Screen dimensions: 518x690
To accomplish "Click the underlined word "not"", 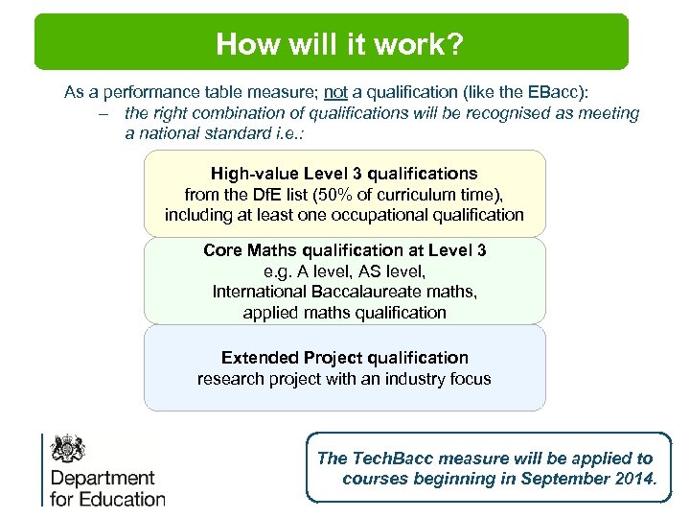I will [x=335, y=93].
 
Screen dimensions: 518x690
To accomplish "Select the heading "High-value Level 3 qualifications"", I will [x=344, y=174].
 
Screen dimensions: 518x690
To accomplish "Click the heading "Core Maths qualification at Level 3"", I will [x=344, y=250].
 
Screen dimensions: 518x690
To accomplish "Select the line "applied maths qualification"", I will [x=344, y=313].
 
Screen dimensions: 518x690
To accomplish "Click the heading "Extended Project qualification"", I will [x=344, y=358].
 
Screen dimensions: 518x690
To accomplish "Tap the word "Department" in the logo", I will [x=103, y=478].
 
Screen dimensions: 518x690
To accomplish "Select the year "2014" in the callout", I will [x=633, y=479].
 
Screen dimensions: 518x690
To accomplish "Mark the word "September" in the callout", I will [x=562, y=479].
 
